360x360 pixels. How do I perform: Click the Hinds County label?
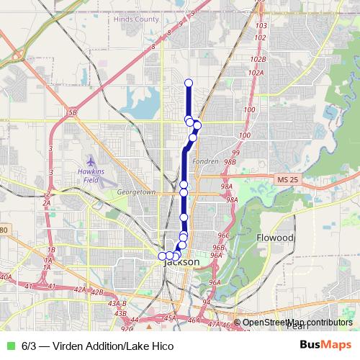[x=136, y=19]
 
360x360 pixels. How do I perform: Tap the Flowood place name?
[x=274, y=237]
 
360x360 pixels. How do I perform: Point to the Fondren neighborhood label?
[x=205, y=161]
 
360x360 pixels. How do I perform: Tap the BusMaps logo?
[x=324, y=346]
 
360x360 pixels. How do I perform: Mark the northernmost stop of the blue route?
[x=189, y=83]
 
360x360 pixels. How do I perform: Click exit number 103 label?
[x=261, y=25]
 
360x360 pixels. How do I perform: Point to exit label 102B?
[x=258, y=60]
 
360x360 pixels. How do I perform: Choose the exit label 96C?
[x=223, y=235]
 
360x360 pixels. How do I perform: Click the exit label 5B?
[x=72, y=113]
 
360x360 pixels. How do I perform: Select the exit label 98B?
[x=230, y=162]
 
